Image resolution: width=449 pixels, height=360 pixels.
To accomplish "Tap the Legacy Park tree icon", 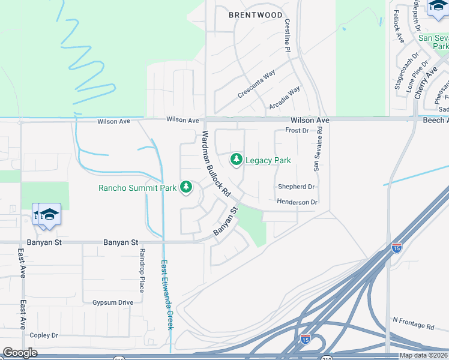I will pyautogui.click(x=237, y=159).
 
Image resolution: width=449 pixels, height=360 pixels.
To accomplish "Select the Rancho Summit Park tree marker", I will pyautogui.click(x=186, y=187).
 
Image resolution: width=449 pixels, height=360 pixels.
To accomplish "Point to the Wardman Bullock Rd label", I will pyautogui.click(x=216, y=164).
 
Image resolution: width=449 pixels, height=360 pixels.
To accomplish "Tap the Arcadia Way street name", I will pyautogui.click(x=285, y=98).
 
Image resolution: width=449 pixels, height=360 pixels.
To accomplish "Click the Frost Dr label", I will pyautogui.click(x=297, y=130).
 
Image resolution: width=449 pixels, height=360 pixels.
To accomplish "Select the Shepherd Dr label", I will pyautogui.click(x=296, y=187).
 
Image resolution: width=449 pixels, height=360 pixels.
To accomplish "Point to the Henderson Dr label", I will pyautogui.click(x=297, y=202).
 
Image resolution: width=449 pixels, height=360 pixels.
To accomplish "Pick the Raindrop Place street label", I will pyautogui.click(x=142, y=270).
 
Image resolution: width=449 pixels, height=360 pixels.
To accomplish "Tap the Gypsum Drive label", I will pyautogui.click(x=113, y=302).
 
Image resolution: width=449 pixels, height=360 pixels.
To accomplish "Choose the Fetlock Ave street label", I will pyautogui.click(x=399, y=25).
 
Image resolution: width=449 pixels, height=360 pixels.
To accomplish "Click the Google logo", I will pyautogui.click(x=20, y=353).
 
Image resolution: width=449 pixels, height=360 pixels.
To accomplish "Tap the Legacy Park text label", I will pyautogui.click(x=268, y=160).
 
